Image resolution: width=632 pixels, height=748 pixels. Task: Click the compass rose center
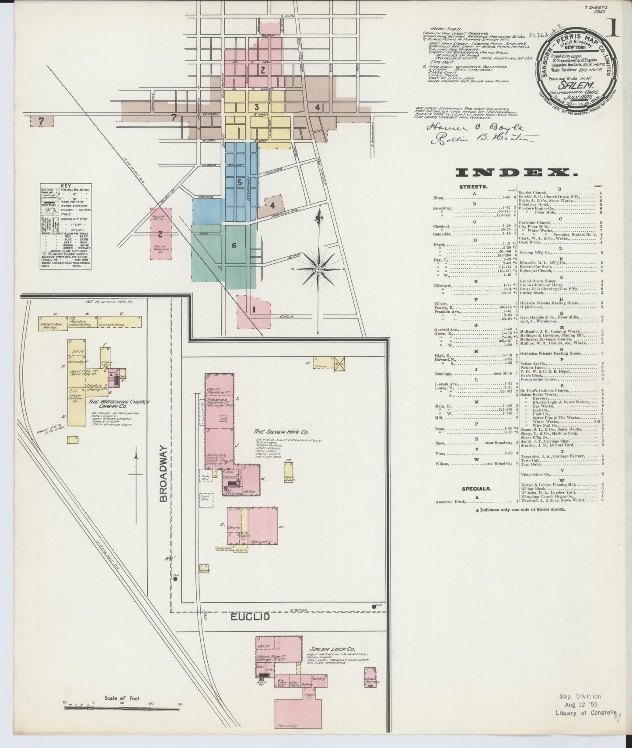click(x=319, y=268)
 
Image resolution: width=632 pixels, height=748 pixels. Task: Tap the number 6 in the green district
click(x=234, y=245)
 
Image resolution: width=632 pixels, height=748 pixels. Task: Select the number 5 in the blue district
click(x=239, y=183)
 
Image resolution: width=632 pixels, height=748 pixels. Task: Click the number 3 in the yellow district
click(x=257, y=107)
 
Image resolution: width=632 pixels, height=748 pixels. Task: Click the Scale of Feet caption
click(x=122, y=698)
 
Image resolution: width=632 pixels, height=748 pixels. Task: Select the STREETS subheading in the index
click(x=471, y=187)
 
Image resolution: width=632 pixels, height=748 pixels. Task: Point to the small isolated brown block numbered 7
click(x=41, y=122)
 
